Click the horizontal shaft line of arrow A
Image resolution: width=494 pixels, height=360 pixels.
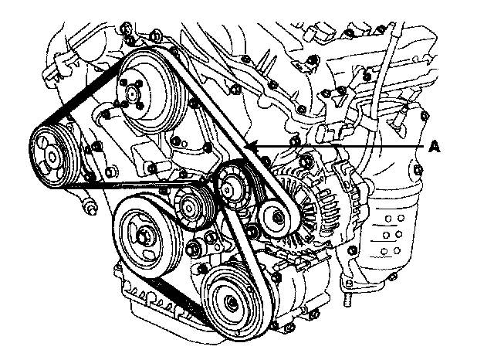pos(347,146)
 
